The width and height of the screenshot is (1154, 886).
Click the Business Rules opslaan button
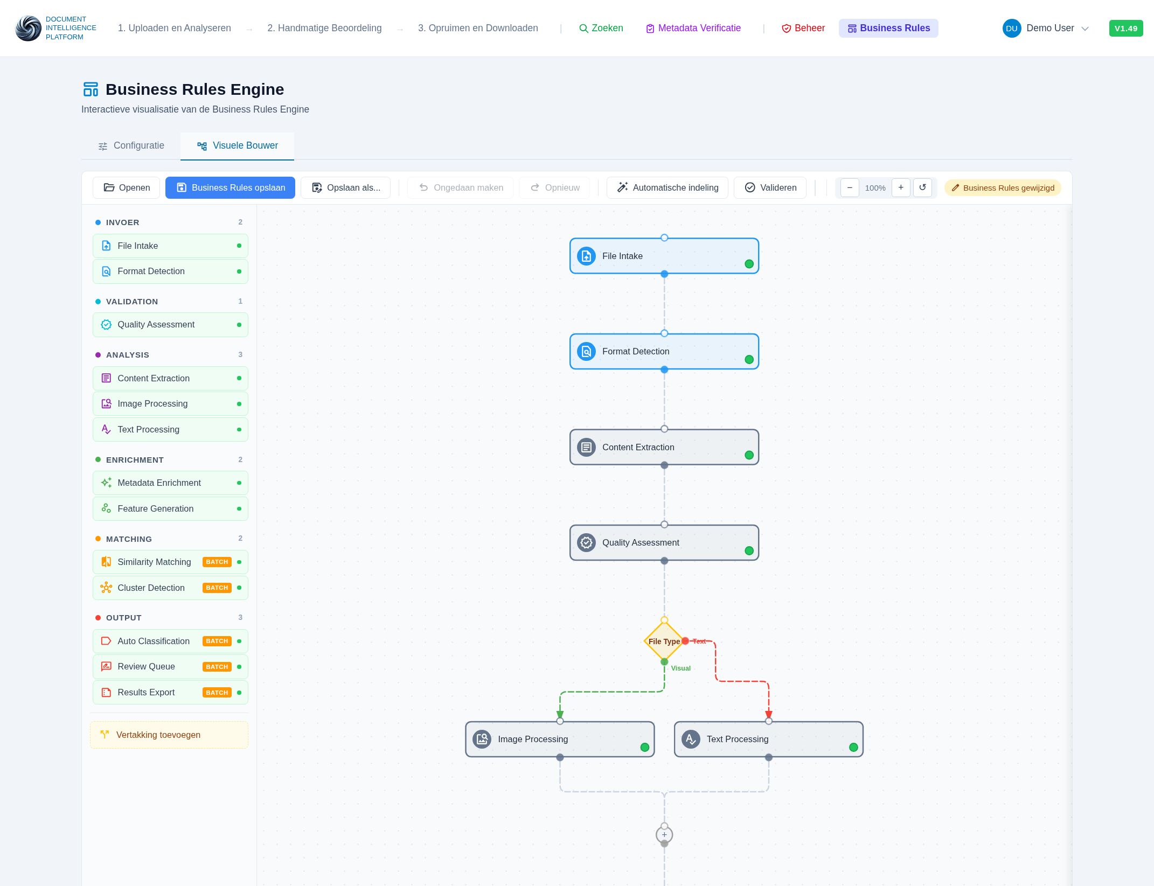pyautogui.click(x=230, y=187)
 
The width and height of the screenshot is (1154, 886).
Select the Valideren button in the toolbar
pyautogui.click(x=770, y=187)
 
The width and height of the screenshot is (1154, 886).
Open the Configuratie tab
pyautogui.click(x=131, y=145)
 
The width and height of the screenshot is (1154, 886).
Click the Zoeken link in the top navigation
pyautogui.click(x=601, y=28)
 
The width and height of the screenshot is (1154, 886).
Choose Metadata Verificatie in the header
pyautogui.click(x=693, y=28)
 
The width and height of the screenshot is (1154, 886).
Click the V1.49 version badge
pyautogui.click(x=1125, y=29)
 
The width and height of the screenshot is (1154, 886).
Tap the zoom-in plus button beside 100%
pyautogui.click(x=901, y=187)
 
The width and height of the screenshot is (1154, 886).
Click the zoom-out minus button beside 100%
pyautogui.click(x=850, y=187)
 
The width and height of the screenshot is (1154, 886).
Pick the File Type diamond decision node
pyautogui.click(x=664, y=641)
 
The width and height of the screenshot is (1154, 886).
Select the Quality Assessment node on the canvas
pyautogui.click(x=664, y=542)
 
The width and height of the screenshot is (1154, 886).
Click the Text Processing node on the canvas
pyautogui.click(x=768, y=739)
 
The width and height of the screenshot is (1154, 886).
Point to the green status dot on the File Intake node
pyautogui.click(x=749, y=264)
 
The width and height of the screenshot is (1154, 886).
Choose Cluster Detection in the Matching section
pyautogui.click(x=151, y=588)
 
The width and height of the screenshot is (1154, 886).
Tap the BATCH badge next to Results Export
pyautogui.click(x=217, y=693)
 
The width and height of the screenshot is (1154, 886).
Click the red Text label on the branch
pyautogui.click(x=699, y=641)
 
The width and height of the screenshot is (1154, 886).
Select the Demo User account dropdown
pyautogui.click(x=1046, y=28)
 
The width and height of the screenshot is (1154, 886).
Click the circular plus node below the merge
pyautogui.click(x=664, y=835)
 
